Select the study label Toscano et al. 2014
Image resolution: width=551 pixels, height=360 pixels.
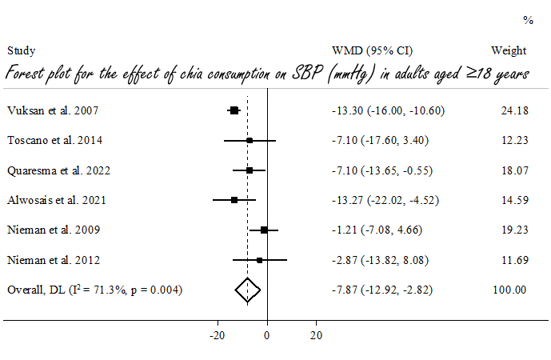click(54, 140)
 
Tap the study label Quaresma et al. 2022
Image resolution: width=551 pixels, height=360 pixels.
click(58, 170)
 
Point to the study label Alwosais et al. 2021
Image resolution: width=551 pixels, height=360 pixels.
click(57, 200)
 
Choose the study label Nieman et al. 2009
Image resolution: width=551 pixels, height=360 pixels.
click(52, 230)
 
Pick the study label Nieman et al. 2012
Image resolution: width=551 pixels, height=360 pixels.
click(52, 260)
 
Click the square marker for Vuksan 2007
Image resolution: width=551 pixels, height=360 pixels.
click(234, 110)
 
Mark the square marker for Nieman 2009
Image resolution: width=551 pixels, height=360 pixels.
click(264, 230)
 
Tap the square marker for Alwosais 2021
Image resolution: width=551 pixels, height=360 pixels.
click(234, 200)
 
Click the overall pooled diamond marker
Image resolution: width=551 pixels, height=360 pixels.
click(247, 290)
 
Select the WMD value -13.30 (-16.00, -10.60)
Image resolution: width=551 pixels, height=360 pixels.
click(385, 110)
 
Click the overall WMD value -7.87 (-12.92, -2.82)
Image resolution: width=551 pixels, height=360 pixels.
click(383, 290)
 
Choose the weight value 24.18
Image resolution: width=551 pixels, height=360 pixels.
click(513, 110)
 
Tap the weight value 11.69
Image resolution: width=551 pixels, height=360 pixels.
click(513, 260)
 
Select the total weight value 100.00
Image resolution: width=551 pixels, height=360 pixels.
click(510, 290)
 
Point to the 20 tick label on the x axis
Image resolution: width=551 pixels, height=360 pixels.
click(317, 334)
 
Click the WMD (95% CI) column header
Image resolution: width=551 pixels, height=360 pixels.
click(372, 50)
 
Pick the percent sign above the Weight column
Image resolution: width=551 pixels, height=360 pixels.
click(528, 19)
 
